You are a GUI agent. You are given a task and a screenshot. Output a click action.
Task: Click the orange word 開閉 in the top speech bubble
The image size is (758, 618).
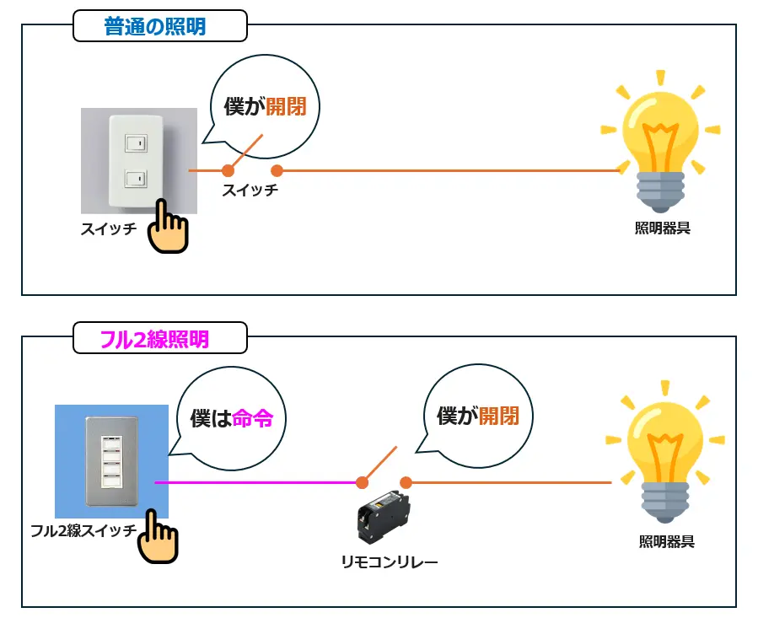point(286,107)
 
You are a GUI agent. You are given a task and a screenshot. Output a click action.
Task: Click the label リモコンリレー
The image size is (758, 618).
point(389,562)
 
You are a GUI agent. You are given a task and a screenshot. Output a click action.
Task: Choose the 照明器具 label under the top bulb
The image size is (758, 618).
point(662,228)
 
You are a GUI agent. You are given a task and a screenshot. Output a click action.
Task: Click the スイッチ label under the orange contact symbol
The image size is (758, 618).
point(250,191)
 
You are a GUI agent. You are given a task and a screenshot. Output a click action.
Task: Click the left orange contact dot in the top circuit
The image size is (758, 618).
point(228,170)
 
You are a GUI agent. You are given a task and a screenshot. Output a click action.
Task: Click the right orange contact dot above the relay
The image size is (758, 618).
point(406,483)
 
